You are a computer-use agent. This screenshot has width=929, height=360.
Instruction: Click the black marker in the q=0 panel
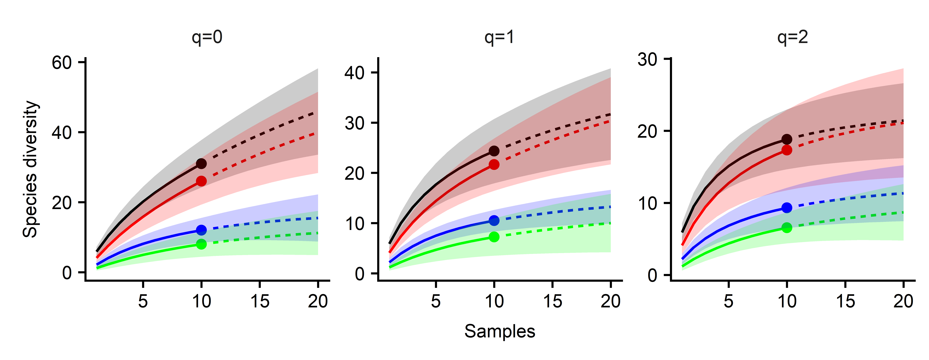click(201, 164)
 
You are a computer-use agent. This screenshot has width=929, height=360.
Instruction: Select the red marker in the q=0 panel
click(201, 181)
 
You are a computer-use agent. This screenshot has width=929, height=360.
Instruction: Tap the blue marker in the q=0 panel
click(201, 230)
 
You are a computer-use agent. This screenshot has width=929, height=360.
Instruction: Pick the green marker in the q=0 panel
click(201, 244)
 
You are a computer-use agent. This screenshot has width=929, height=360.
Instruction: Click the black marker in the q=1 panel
click(494, 151)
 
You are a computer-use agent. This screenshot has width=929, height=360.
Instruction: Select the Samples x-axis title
click(499, 331)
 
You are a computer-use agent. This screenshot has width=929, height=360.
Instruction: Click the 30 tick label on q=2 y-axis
click(647, 59)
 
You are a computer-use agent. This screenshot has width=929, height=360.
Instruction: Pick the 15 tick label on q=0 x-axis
click(260, 301)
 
